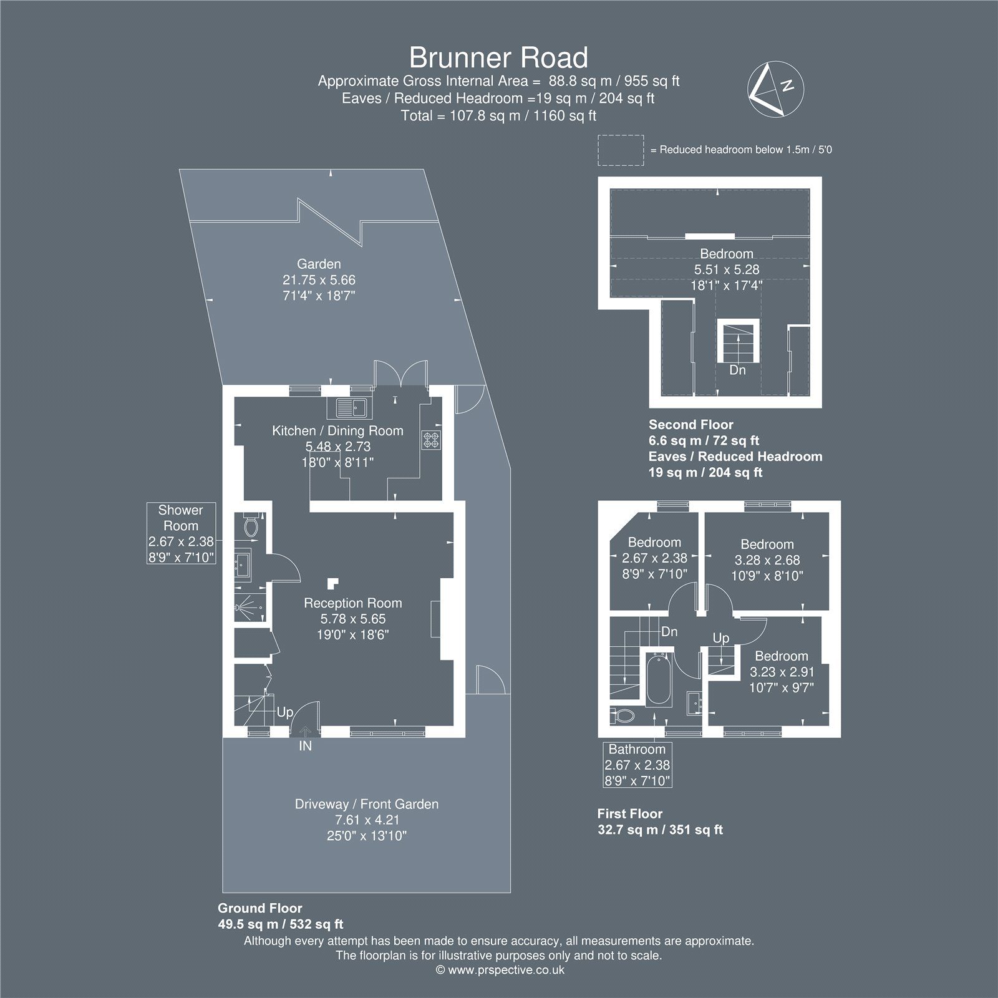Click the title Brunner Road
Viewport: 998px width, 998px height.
click(498, 58)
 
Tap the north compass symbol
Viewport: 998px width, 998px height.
click(776, 90)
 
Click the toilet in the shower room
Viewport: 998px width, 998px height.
click(250, 526)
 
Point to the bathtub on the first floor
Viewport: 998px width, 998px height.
click(659, 681)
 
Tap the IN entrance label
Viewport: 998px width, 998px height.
click(306, 745)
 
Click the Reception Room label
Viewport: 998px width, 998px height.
click(353, 603)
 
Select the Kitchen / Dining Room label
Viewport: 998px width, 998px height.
click(337, 430)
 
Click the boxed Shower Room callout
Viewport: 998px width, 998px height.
click(181, 533)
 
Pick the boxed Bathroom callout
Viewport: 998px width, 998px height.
click(637, 765)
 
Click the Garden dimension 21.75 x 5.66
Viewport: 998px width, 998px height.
click(319, 280)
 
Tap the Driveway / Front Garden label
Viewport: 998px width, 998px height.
click(367, 804)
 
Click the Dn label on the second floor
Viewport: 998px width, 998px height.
click(738, 370)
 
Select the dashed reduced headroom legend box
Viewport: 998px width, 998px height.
click(621, 150)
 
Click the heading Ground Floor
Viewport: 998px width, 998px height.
click(260, 908)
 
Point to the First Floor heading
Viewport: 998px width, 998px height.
click(630, 813)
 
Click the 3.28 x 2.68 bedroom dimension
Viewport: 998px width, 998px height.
click(767, 560)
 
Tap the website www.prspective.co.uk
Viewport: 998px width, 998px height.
click(500, 970)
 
